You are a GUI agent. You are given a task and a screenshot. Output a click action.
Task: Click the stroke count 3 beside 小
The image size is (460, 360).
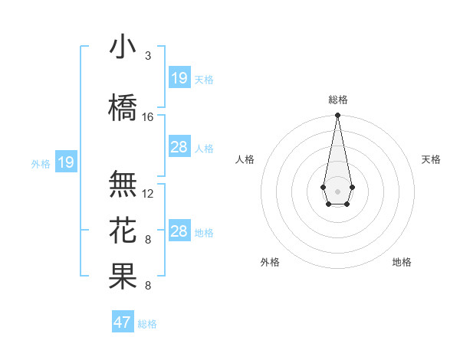coord(148,56)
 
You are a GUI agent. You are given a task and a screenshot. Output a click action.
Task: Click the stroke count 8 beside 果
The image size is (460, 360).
coord(148,286)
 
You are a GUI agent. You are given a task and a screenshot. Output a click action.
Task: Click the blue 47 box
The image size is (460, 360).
coord(123,322)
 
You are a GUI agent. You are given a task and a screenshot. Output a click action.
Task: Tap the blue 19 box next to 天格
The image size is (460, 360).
coord(179,78)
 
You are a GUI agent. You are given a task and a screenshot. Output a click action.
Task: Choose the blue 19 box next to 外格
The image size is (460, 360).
coord(66,162)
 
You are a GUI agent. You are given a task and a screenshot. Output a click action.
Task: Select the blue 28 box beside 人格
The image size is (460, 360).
coord(179,147)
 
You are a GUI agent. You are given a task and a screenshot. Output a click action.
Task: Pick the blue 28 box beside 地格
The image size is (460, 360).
coord(179,231)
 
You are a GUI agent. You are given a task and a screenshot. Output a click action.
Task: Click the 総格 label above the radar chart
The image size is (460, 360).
coord(338,100)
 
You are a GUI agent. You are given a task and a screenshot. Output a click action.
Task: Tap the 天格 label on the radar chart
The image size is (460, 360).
coord(431,159)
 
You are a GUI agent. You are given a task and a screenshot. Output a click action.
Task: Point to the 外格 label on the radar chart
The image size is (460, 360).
coord(270,262)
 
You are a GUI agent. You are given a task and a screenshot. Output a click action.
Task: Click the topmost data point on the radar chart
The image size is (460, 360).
coord(337,116)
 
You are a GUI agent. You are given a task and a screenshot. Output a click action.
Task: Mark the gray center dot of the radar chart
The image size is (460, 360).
coord(337,190)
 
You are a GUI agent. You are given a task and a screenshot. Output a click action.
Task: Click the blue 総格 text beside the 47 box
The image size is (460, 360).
coord(147,324)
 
